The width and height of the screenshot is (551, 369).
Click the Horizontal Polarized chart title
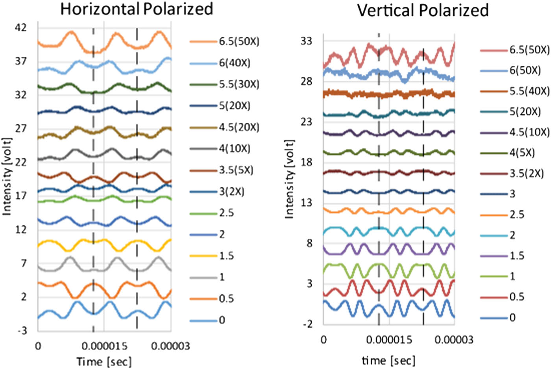click(x=137, y=9)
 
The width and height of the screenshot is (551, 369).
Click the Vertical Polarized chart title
click(x=423, y=10)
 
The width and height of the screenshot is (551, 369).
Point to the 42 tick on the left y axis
click(x=21, y=28)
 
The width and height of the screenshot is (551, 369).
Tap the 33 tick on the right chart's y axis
click(x=307, y=41)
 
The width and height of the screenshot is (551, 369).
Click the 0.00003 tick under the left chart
click(x=170, y=346)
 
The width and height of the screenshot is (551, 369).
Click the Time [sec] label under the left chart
click(x=104, y=361)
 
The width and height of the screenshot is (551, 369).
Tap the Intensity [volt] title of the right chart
click(x=289, y=179)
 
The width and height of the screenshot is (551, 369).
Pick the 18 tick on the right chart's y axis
click(x=307, y=162)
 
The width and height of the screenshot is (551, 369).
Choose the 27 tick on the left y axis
click(x=21, y=129)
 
